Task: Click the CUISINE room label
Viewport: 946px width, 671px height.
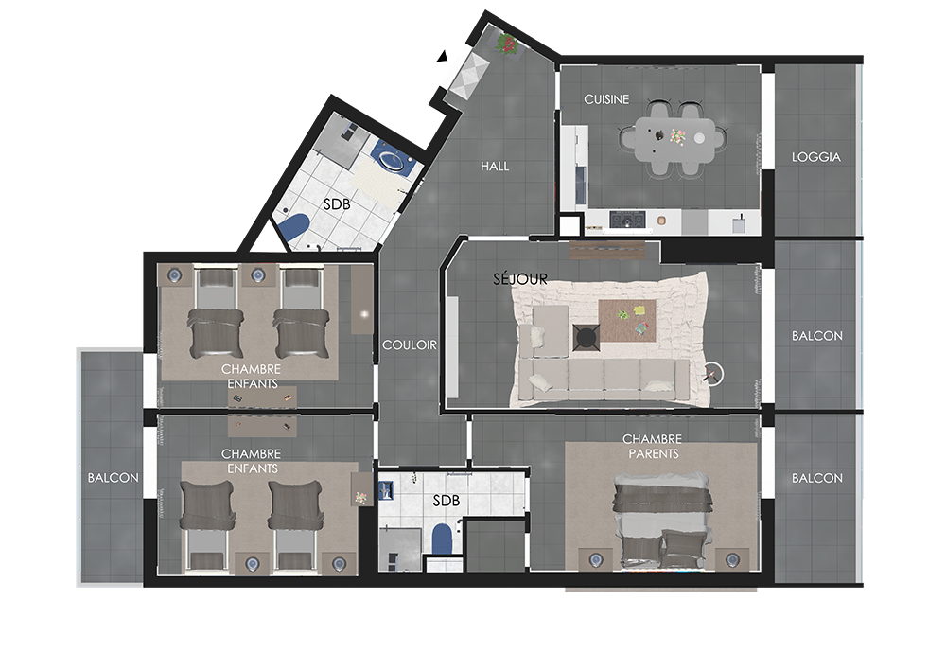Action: point(606,99)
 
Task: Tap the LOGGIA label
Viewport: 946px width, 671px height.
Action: point(815,157)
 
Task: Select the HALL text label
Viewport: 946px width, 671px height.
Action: point(495,166)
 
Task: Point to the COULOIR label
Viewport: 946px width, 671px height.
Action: point(410,345)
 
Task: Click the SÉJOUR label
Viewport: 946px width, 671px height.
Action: point(520,279)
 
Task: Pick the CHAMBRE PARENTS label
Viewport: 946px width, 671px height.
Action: point(653,447)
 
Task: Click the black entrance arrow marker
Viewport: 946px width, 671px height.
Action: point(443,56)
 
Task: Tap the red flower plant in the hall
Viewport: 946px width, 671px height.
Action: point(507,44)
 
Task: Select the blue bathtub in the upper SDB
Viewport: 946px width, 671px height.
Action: point(292,228)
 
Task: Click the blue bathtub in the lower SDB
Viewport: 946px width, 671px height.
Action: point(442,539)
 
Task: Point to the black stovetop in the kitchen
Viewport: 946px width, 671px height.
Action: point(627,219)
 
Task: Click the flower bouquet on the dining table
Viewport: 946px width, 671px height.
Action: point(677,137)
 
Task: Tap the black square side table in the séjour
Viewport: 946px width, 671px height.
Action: point(586,337)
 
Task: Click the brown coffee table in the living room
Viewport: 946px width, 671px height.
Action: point(627,321)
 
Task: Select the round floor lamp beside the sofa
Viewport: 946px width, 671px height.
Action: point(713,374)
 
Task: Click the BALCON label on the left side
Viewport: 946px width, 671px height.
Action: point(113,478)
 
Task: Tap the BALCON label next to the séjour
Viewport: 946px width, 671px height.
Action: point(817,335)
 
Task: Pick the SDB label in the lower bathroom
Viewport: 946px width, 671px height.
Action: point(447,501)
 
